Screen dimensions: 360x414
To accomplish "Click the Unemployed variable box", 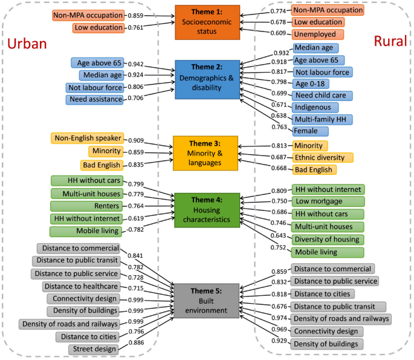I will [315, 34].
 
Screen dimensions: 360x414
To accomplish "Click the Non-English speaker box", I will [88, 139].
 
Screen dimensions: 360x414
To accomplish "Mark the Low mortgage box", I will [319, 201].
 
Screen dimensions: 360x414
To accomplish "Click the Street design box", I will [95, 349].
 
